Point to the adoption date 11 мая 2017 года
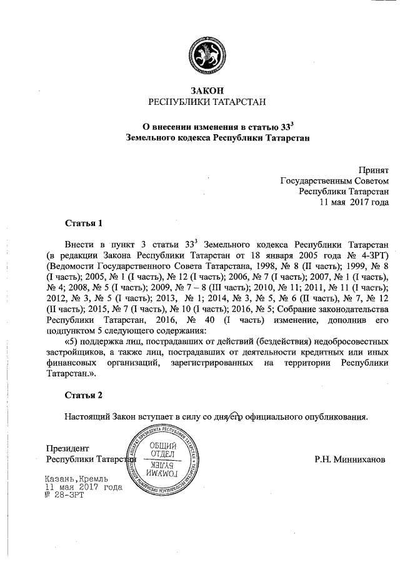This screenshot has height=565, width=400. coord(354,202)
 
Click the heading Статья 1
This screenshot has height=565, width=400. coord(83,223)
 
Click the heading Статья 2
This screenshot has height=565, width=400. coord(83,395)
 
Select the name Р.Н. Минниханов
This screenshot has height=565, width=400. coord(350,460)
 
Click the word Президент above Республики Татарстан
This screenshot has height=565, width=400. coord(67,449)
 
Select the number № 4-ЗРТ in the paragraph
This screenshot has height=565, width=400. coord(369,256)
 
